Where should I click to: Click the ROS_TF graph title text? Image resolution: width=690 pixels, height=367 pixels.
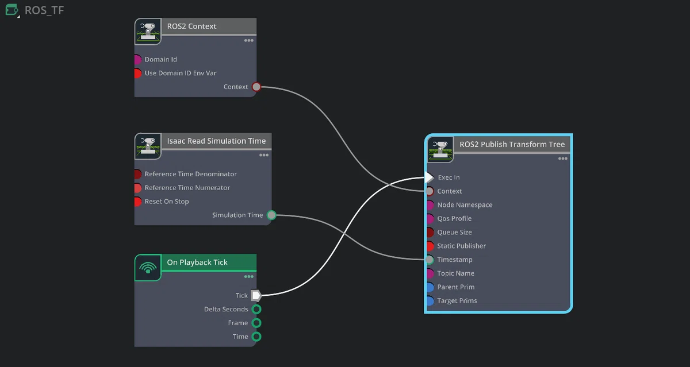[44, 10]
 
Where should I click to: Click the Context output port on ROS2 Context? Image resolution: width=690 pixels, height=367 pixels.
[256, 87]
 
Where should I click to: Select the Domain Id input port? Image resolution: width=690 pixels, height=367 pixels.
[137, 59]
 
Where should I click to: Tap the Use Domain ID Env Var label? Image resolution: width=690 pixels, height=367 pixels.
[181, 73]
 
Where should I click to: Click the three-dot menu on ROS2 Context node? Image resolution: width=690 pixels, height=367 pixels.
[248, 40]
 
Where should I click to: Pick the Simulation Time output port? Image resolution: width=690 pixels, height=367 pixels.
[271, 215]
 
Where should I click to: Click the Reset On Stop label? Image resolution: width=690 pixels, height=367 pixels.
[167, 202]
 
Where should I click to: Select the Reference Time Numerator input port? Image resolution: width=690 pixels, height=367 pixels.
[137, 188]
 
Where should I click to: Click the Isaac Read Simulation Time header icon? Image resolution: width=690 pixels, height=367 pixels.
[148, 146]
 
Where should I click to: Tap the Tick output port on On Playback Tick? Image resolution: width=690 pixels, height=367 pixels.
[256, 295]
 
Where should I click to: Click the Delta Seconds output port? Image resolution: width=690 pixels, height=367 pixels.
[256, 309]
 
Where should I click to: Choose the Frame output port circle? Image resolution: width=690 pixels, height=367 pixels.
[256, 323]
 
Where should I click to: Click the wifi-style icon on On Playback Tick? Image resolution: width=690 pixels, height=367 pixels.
[148, 267]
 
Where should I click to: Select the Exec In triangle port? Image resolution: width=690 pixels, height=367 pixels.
[430, 177]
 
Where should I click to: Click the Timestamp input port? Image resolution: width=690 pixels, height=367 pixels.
[430, 260]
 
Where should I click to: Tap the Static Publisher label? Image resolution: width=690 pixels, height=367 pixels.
[461, 246]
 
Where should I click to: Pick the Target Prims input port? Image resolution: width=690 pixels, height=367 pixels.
[430, 300]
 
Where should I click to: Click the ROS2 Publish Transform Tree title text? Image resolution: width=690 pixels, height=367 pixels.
[512, 144]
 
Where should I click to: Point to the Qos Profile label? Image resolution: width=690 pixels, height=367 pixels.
[454, 218]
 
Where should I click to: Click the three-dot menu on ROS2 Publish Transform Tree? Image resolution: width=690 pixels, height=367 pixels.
[562, 159]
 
